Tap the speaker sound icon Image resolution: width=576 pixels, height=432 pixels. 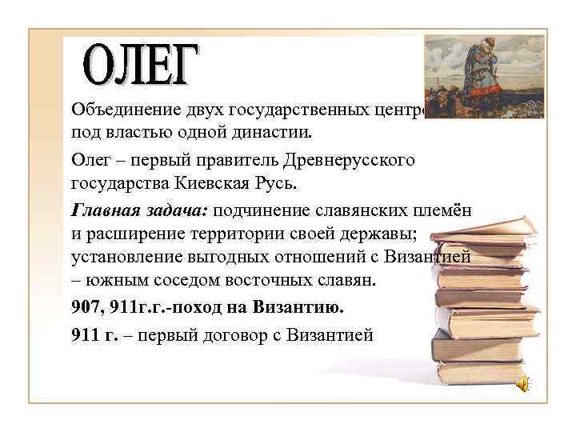click(x=521, y=383)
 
